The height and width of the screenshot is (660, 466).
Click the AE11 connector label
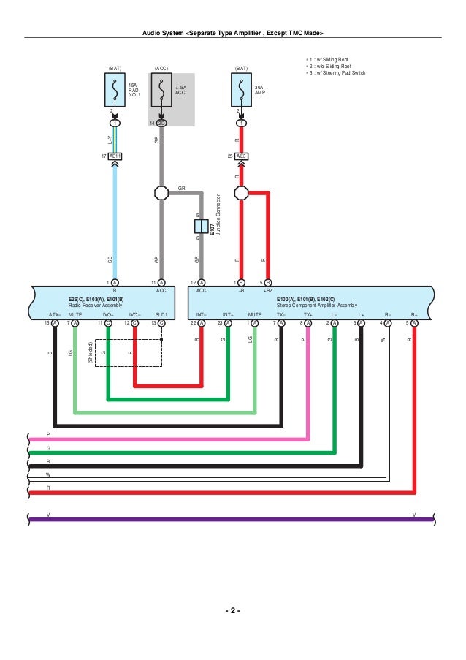pyautogui.click(x=115, y=156)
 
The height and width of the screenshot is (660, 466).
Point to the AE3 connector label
pyautogui.click(x=241, y=156)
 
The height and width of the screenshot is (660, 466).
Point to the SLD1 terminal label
pyautogui.click(x=161, y=314)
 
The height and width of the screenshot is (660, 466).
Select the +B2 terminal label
pyautogui.click(x=268, y=290)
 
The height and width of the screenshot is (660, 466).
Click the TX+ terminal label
pyautogui.click(x=308, y=314)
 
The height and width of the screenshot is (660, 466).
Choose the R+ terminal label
pyautogui.click(x=414, y=314)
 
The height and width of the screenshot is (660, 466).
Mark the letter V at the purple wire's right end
pyautogui.click(x=413, y=515)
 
